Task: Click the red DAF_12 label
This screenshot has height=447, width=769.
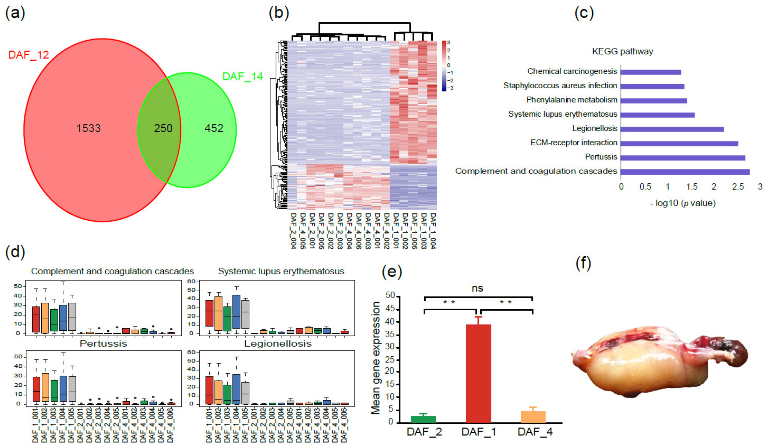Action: click(x=28, y=55)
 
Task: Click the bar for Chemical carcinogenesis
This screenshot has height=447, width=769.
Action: click(x=650, y=72)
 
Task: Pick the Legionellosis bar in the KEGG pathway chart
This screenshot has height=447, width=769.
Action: click(x=672, y=129)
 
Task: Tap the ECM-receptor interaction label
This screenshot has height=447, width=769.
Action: click(x=573, y=143)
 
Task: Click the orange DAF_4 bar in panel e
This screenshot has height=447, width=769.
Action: click(x=533, y=417)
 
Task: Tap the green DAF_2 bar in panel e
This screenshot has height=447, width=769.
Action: click(x=423, y=419)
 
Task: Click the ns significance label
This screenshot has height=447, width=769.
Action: click(x=477, y=288)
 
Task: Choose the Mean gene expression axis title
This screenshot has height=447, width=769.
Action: click(x=376, y=358)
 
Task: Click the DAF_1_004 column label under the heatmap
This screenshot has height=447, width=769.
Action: click(x=433, y=231)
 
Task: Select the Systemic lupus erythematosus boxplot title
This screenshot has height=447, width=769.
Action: click(x=281, y=271)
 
